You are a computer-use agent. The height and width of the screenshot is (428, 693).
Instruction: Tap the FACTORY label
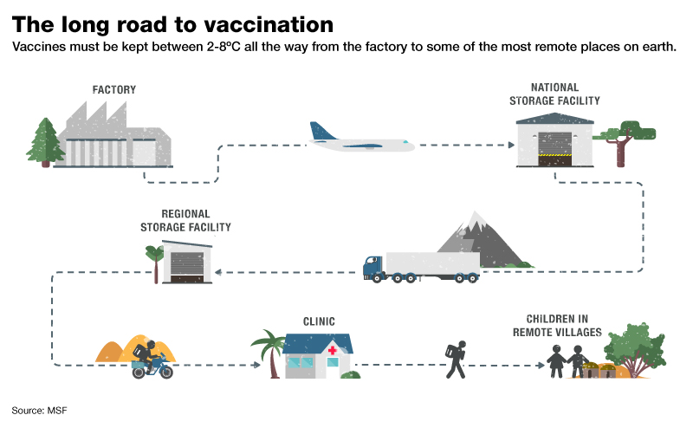click(114, 90)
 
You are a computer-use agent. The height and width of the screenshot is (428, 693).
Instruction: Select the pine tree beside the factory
click(45, 142)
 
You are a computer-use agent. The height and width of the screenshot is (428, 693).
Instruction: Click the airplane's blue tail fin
click(321, 131)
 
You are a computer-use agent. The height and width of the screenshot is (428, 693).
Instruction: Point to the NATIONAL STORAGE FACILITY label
click(554, 94)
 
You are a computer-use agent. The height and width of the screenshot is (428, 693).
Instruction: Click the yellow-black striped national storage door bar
click(554, 155)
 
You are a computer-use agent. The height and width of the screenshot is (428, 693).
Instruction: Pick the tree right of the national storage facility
click(625, 143)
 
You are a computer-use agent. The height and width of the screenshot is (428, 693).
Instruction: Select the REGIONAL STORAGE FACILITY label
click(185, 221)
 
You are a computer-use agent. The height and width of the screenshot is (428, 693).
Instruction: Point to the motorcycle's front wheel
click(166, 372)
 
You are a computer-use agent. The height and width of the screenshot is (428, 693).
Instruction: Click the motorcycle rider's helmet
click(150, 345)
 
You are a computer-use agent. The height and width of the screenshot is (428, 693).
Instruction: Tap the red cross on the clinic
click(333, 351)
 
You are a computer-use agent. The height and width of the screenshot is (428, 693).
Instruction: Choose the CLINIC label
click(319, 321)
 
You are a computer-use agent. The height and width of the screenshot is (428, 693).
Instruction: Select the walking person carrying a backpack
click(457, 360)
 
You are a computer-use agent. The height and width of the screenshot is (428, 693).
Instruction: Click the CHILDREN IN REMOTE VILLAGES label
click(557, 326)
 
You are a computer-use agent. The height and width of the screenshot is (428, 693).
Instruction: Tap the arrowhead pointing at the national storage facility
click(511, 145)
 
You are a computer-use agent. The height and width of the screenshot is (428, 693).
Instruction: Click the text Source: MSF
click(39, 411)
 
